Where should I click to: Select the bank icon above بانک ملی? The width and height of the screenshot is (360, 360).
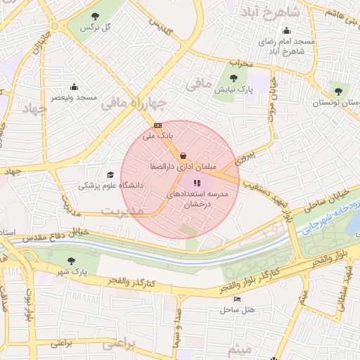157,125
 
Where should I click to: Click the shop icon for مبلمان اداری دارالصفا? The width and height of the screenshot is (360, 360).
184,155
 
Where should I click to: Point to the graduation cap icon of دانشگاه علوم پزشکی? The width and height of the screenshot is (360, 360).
110,175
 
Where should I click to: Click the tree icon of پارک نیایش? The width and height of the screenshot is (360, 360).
234,78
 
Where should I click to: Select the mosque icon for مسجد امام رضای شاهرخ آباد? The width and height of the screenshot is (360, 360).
285,31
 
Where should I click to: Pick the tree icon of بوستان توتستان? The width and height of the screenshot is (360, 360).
339,91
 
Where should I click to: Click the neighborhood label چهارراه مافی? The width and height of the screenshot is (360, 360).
133,104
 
